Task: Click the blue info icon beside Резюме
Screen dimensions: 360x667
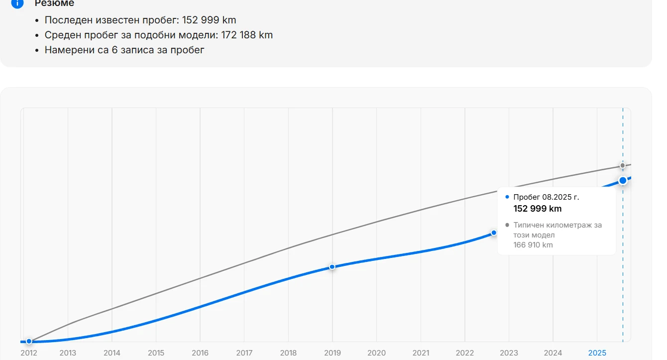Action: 17,3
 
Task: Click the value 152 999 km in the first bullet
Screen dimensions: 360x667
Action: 209,20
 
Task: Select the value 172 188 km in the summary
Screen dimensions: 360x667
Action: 247,35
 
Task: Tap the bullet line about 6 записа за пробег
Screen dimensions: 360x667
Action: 124,50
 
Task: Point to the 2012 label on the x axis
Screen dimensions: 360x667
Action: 29,353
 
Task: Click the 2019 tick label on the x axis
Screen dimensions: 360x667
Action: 333,353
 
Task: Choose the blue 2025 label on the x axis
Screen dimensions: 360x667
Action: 597,353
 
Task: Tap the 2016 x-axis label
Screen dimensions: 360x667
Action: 200,353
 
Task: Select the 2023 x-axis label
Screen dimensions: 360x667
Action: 509,353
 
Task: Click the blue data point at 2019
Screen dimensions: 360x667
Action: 333,267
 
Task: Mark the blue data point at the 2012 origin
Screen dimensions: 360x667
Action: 29,341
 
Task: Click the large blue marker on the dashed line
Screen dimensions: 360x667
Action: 623,180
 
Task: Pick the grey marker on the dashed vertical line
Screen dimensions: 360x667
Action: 623,165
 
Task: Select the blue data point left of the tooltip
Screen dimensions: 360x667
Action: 494,233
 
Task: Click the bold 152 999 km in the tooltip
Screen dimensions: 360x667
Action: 537,209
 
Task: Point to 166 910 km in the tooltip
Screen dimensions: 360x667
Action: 533,245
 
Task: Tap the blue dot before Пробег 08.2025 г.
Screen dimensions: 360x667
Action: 507,197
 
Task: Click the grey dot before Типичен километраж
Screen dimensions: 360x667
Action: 507,225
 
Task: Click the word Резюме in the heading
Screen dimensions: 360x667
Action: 54,3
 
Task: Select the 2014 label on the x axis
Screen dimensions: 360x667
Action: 112,353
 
